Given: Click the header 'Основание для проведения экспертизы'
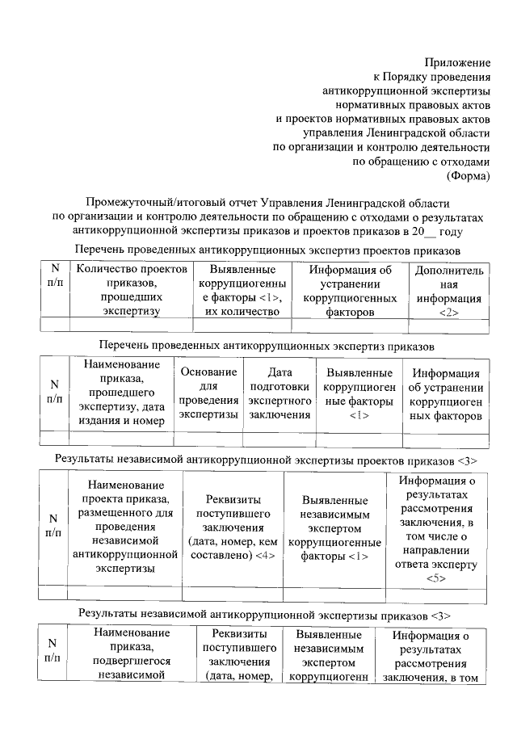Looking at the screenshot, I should [208, 393].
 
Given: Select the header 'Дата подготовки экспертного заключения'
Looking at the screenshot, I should [280, 393].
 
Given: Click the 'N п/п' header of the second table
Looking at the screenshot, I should [55, 393].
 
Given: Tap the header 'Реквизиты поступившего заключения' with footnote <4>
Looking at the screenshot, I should [233, 527].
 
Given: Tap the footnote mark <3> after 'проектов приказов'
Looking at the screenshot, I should [466, 460].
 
